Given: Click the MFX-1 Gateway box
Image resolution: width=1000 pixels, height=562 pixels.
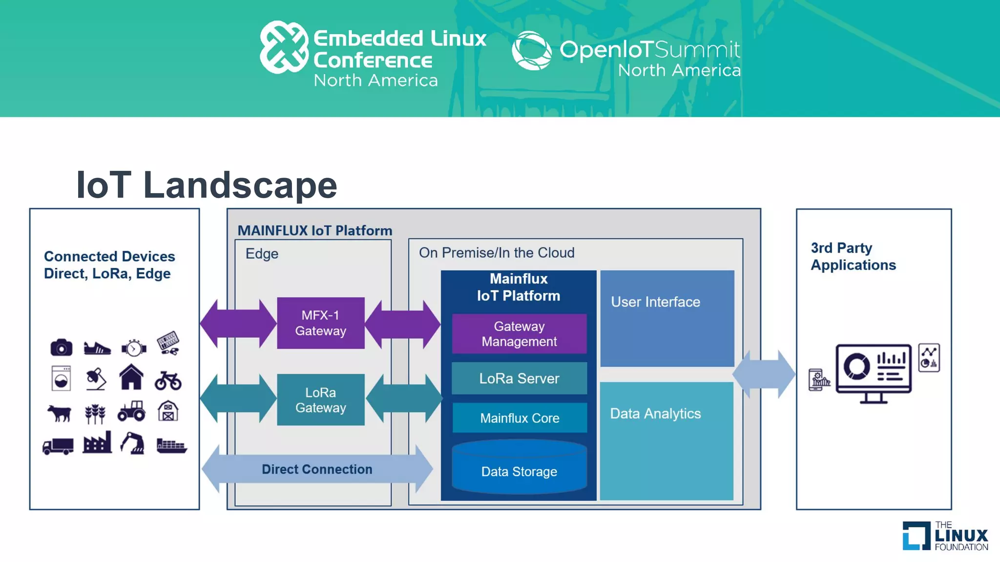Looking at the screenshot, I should pos(320,323).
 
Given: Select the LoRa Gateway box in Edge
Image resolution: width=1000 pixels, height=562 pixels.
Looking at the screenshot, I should pos(320,400).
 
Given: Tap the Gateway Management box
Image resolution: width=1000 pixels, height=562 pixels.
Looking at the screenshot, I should pos(519,334).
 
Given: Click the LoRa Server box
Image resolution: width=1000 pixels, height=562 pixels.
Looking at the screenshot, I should pos(519,378).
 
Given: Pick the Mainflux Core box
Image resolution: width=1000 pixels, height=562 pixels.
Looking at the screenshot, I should pos(519,418).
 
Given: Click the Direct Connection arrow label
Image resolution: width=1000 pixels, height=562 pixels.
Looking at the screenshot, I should pos(317,469).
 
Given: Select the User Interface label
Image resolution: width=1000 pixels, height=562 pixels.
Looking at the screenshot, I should pos(655,302).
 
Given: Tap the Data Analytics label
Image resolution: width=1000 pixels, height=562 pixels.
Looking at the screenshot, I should pos(655,414).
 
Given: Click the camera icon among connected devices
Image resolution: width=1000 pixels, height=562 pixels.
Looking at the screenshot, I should pos(61,347).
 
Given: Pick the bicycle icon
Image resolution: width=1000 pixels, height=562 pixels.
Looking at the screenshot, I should pos(168,381).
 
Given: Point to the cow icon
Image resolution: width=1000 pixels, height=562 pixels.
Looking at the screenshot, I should pos(60,413).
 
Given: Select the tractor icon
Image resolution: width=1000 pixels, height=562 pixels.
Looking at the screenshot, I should pos(131,411).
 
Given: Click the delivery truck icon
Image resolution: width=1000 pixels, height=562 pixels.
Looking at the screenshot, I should pos(58,446).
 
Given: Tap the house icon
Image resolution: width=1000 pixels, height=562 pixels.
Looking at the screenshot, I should pos(131,377).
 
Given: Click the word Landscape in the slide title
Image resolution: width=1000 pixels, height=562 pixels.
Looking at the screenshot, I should pos(240,185).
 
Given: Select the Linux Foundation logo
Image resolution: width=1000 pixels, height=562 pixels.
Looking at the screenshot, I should pos(945,536).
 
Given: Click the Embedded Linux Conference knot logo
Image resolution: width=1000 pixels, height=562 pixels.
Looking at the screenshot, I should pos(284,47).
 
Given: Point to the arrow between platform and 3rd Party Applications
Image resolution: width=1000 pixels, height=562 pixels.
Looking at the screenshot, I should pos(764,375).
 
